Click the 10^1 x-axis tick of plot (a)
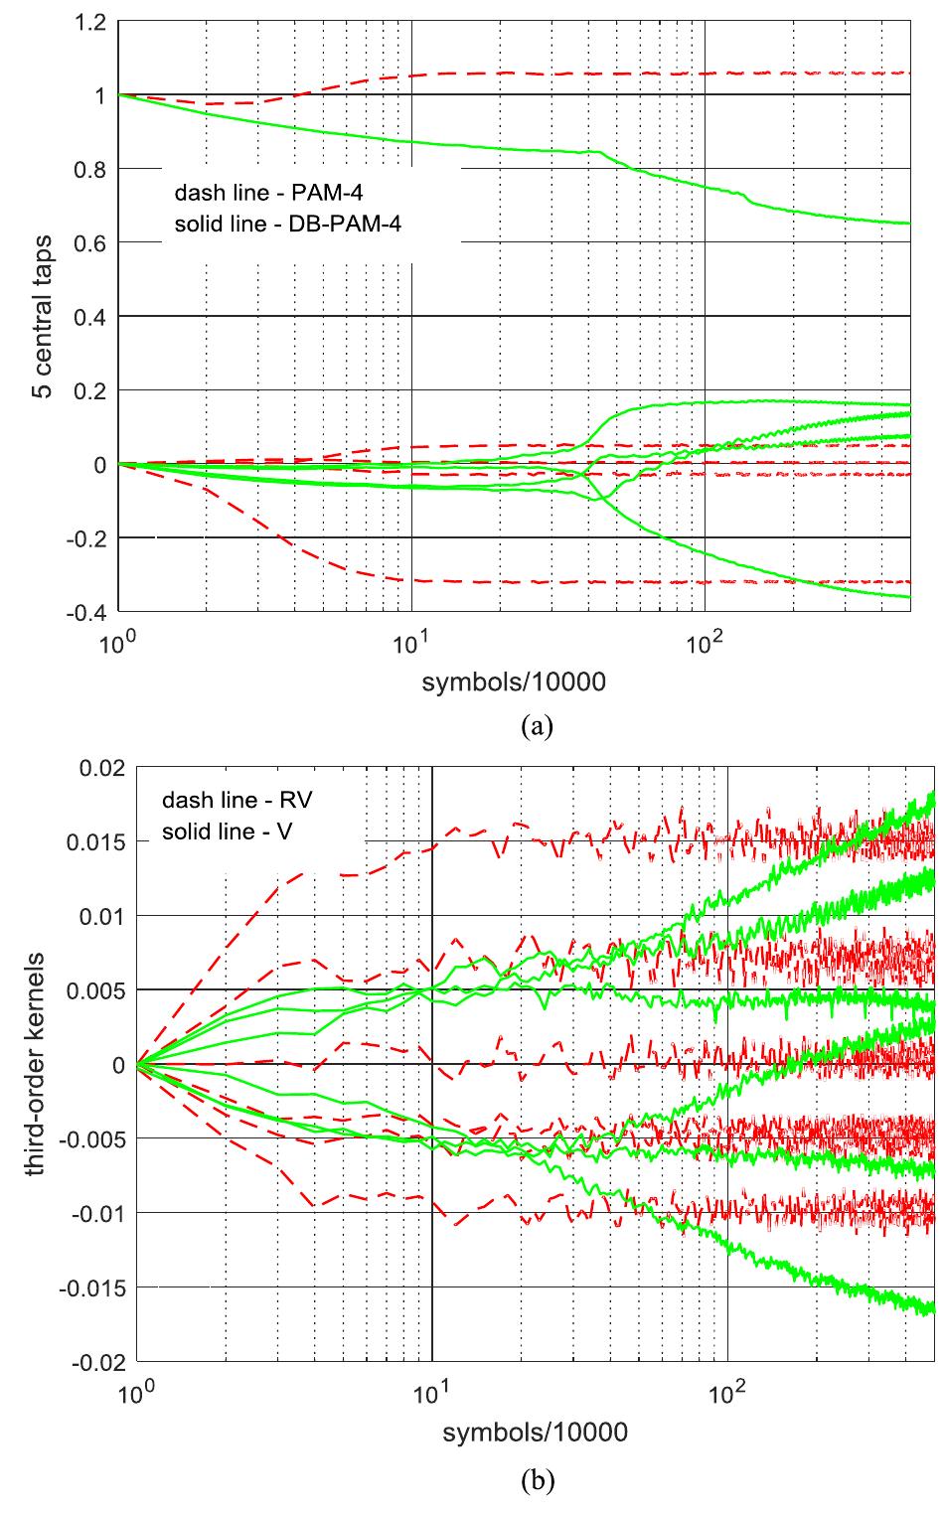click(409, 639)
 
